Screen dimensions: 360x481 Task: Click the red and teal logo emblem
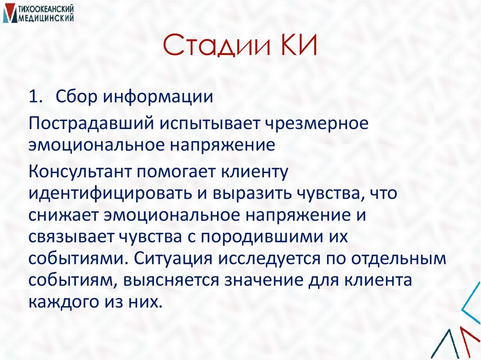[8, 13]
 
